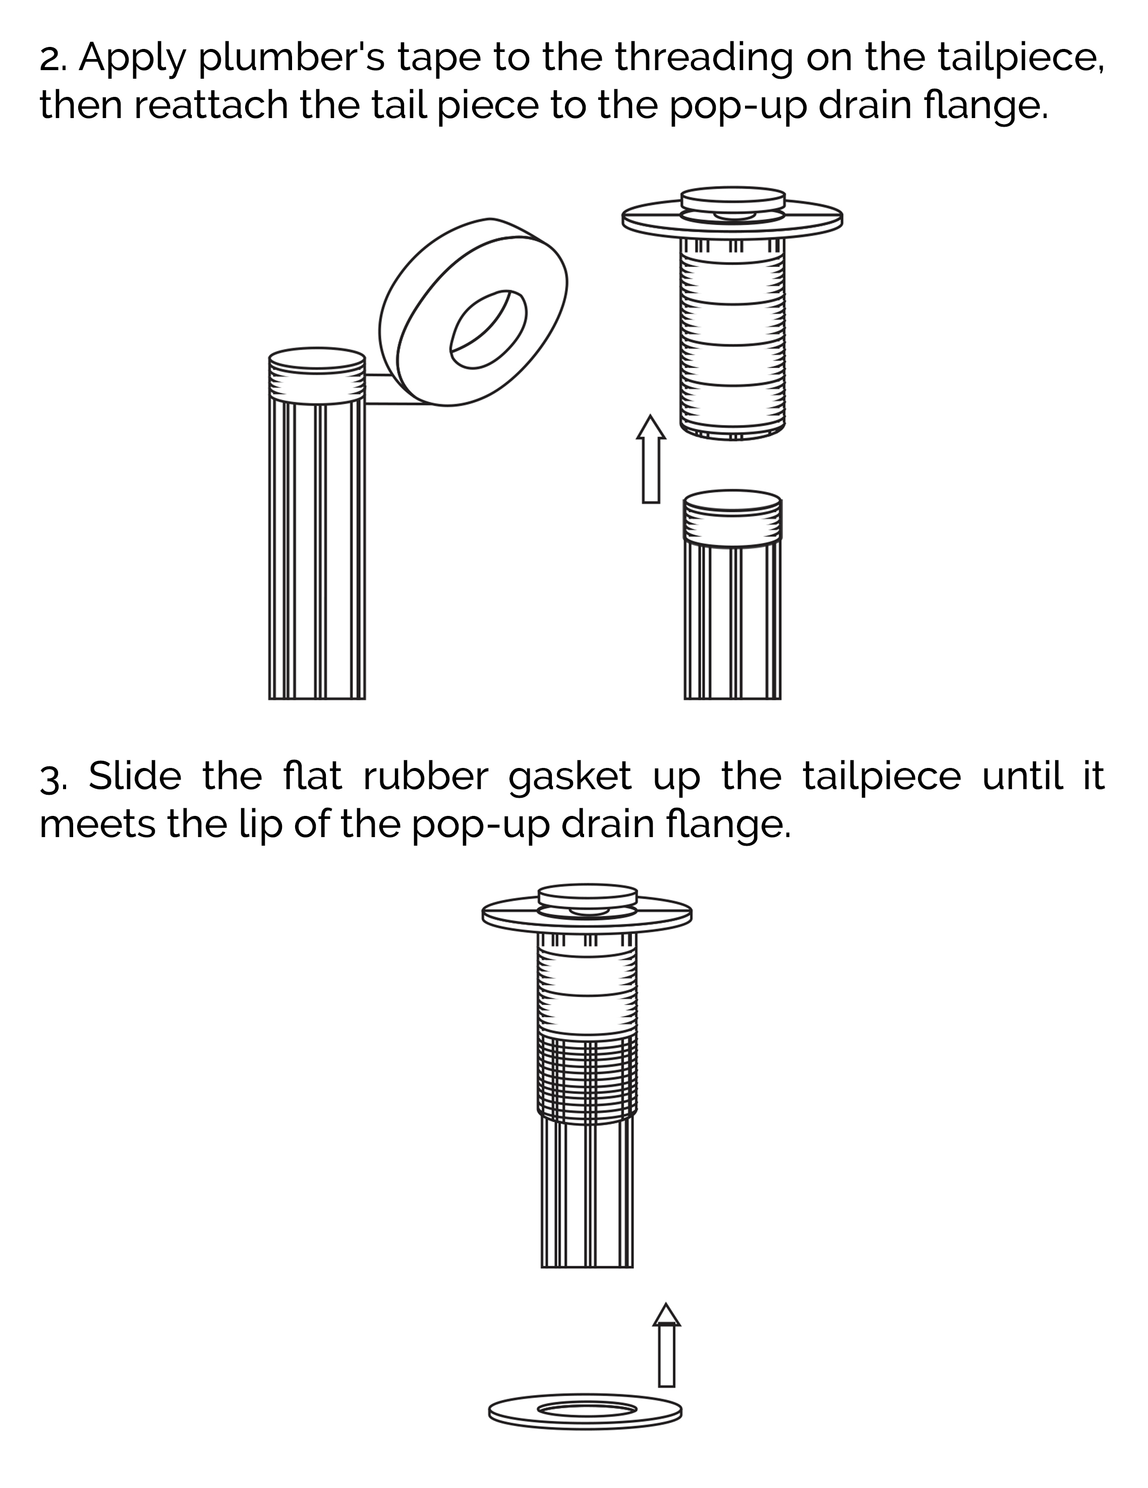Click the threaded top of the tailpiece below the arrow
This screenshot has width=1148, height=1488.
[733, 521]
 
